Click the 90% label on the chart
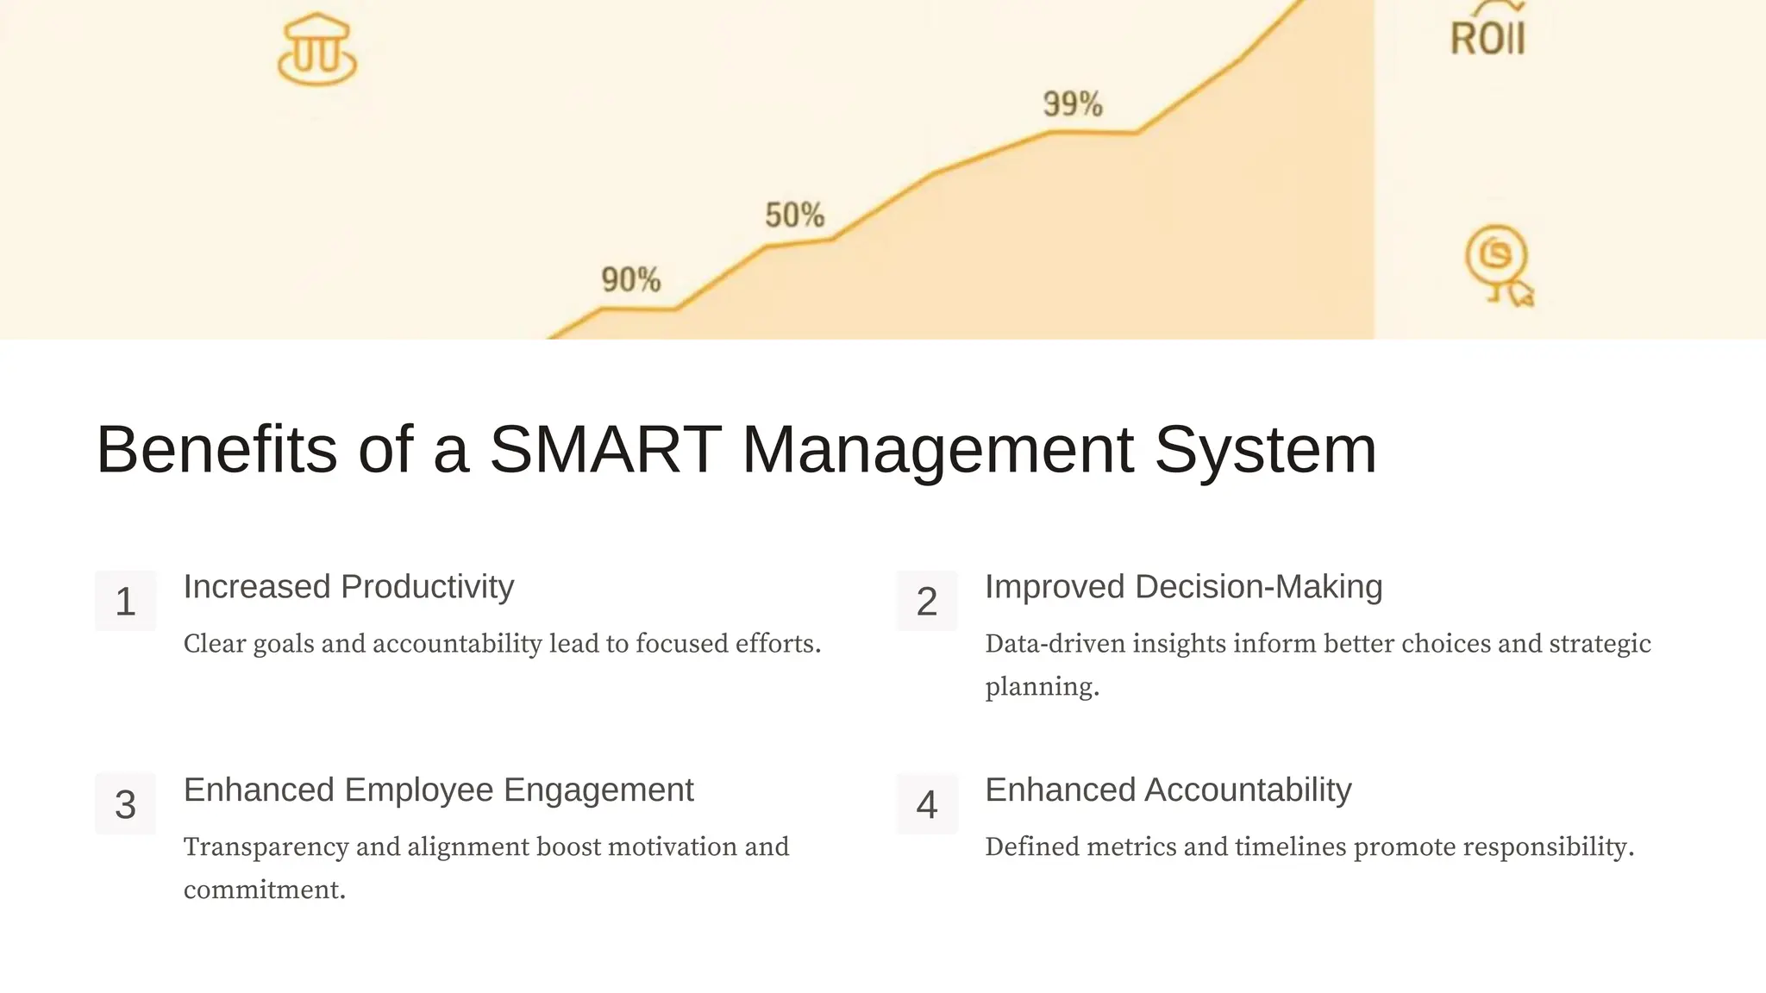630,280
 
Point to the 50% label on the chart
794,215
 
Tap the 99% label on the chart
1073,104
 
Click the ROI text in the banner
1487,38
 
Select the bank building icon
316,50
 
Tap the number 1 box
126,601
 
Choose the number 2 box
927,601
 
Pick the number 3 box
126,804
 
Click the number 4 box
927,804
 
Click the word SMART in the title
605,449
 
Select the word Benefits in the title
216,449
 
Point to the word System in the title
1265,451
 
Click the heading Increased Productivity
348,587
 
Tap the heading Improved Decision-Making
1183,587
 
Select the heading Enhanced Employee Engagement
438,790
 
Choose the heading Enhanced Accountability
1168,790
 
